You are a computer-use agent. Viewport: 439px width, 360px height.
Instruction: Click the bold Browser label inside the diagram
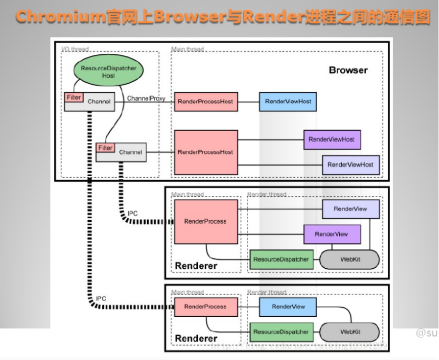click(x=348, y=70)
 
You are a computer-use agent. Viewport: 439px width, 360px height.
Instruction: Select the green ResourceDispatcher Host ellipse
click(x=108, y=72)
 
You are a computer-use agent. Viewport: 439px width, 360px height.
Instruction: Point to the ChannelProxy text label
click(x=146, y=99)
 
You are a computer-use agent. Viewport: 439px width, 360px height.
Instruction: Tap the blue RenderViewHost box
click(x=288, y=101)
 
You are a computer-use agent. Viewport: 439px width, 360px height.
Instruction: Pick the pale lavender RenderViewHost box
click(x=350, y=164)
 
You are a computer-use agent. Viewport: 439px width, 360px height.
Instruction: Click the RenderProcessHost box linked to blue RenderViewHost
click(x=205, y=101)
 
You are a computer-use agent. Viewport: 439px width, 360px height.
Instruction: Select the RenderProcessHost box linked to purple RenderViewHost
click(x=205, y=152)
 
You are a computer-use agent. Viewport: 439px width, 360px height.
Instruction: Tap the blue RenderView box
click(x=289, y=306)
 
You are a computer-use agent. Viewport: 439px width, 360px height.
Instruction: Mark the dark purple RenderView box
click(x=331, y=234)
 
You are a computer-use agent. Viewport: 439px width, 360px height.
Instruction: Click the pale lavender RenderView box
click(x=350, y=209)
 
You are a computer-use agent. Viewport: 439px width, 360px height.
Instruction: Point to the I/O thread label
click(x=73, y=50)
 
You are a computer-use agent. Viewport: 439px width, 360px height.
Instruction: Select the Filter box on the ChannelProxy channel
click(x=73, y=98)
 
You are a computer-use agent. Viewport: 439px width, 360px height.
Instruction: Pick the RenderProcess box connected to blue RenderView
click(x=205, y=306)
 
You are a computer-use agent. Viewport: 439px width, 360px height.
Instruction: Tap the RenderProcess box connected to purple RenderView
click(x=205, y=221)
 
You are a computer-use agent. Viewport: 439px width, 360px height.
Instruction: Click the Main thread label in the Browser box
click(x=187, y=50)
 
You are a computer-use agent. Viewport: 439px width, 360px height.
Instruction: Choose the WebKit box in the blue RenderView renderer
click(x=350, y=332)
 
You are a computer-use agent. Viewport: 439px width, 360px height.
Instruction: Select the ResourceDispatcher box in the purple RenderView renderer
click(x=281, y=259)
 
